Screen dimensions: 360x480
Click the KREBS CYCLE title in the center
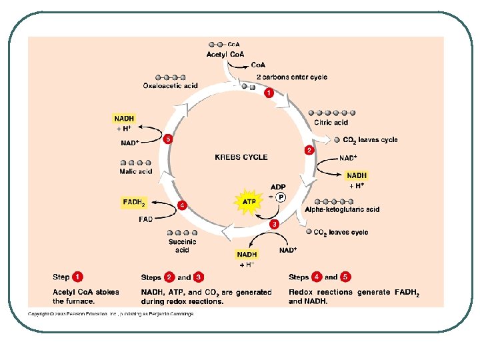[241, 157]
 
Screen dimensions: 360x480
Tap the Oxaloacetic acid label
[171, 85]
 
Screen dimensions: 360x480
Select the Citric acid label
[331, 123]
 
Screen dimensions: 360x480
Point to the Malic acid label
[136, 171]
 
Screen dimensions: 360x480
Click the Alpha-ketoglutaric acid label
[342, 209]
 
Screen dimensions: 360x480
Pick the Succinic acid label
[182, 246]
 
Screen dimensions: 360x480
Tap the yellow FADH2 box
[134, 201]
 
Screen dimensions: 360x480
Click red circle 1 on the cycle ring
[269, 93]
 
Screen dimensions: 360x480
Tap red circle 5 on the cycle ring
[169, 139]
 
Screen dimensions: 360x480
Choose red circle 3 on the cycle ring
[273, 224]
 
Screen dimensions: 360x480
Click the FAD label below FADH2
[145, 219]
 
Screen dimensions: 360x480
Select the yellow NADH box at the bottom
[247, 254]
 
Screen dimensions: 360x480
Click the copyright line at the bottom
[111, 314]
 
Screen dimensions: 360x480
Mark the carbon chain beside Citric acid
[332, 113]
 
